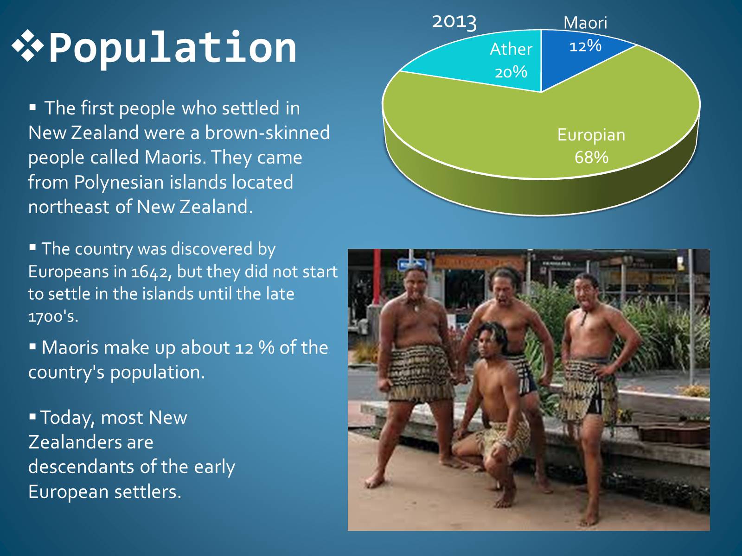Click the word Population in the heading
coord(173,48)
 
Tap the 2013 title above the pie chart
coord(454,22)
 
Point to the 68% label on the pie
coord(591,158)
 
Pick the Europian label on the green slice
coord(591,135)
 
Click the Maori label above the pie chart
coord(585,23)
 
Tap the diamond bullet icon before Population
coord(28,45)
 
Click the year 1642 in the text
coord(149,272)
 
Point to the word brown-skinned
coord(268,133)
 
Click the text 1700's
coord(53,316)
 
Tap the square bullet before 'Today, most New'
coord(32,417)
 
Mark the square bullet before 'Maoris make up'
coord(32,347)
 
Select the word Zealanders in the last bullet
coord(90,442)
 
